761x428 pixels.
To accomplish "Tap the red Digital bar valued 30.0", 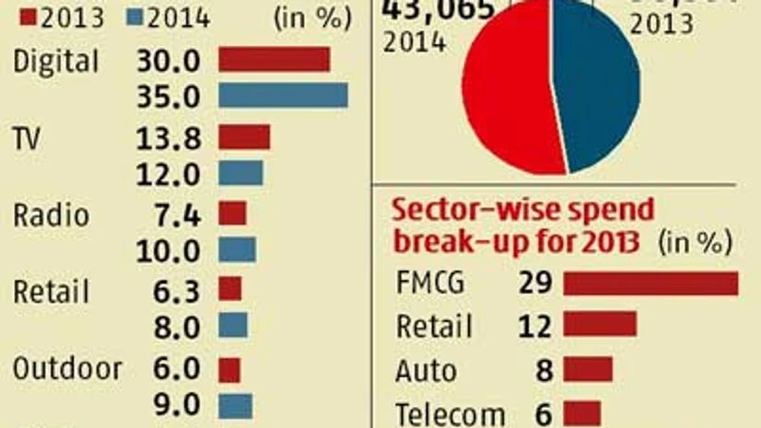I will click(x=274, y=59).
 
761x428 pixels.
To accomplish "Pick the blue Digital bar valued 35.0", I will click(x=283, y=96).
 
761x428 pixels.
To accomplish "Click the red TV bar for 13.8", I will click(x=244, y=137).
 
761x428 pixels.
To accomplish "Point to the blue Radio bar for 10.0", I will click(x=237, y=249).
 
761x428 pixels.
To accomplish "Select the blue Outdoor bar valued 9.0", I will click(x=235, y=406).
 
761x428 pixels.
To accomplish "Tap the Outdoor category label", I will click(x=67, y=369).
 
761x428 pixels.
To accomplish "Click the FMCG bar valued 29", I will click(x=650, y=283).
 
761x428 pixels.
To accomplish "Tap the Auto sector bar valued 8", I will click(x=588, y=370).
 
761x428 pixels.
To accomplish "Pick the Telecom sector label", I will click(x=450, y=414).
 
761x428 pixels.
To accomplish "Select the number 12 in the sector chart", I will click(x=535, y=326).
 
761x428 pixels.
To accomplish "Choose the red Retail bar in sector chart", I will click(x=600, y=325).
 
